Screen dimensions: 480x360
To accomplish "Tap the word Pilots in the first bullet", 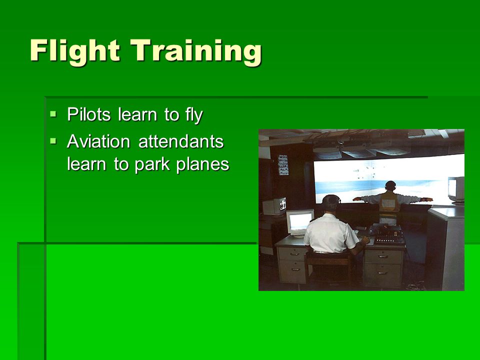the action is (89, 115).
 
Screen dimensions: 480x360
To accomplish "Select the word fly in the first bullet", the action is (194, 115).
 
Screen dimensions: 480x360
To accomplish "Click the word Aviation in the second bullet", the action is (98, 141).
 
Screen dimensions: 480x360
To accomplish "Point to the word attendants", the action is (181, 141).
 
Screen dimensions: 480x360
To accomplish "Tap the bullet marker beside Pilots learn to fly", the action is (53, 114).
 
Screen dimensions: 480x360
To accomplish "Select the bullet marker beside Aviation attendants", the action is (53, 141).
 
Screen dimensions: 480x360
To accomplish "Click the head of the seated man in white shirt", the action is (331, 203).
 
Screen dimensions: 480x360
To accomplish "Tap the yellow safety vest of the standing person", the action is (389, 203).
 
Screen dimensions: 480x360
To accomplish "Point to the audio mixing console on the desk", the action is (388, 235).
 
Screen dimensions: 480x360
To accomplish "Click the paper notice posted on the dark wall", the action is (283, 165).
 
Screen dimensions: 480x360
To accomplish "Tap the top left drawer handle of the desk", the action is (294, 254).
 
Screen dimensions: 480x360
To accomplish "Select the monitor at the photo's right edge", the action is (456, 190).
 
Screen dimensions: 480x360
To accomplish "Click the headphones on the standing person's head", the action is (390, 185).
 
